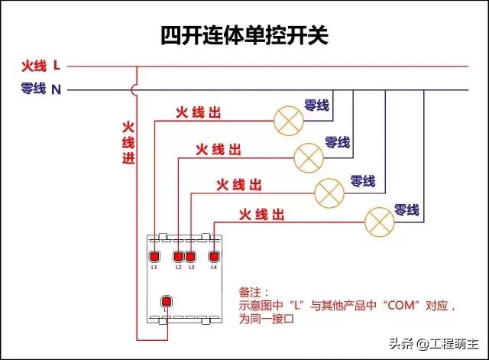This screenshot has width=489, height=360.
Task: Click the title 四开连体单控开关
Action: click(x=244, y=35)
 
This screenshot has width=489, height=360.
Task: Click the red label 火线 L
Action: click(x=40, y=66)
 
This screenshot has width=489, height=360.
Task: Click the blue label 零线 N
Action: click(x=40, y=89)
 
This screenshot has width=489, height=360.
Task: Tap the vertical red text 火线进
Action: click(x=128, y=143)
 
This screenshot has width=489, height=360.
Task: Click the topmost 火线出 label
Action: click(x=198, y=113)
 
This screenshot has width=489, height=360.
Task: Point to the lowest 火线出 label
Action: click(x=261, y=213)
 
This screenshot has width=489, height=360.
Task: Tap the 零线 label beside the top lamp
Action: click(x=316, y=105)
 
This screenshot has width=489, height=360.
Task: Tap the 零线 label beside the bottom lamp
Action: click(x=406, y=209)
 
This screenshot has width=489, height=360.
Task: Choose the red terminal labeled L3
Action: click(x=191, y=256)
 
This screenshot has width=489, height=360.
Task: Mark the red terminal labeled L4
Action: click(x=214, y=256)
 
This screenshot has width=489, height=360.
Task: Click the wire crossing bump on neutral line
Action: click(x=136, y=89)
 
